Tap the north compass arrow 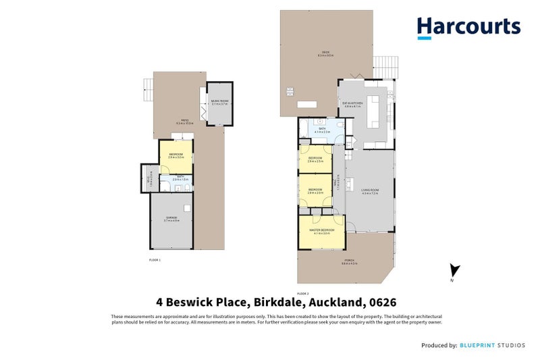point(454,271)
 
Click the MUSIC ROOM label point(219,102)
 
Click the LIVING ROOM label point(369,191)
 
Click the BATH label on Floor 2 point(321,130)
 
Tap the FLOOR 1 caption point(155,259)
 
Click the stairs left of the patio point(148,88)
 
